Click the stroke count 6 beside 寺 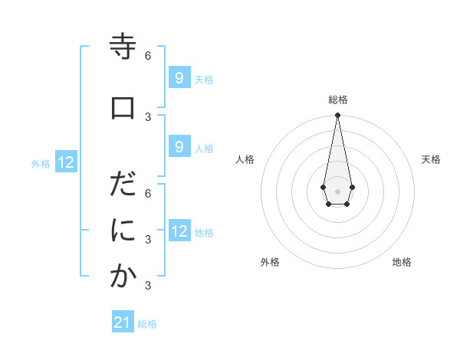[x=148, y=56]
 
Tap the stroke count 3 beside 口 [x=148, y=116]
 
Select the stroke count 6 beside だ [x=148, y=193]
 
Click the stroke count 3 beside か [x=148, y=286]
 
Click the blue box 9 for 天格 [x=179, y=78]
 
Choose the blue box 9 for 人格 [x=179, y=147]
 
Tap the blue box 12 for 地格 [x=179, y=231]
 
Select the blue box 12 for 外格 [x=66, y=162]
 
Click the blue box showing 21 [x=123, y=322]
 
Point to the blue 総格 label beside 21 [x=147, y=324]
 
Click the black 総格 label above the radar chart [x=338, y=100]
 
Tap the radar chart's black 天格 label [x=431, y=159]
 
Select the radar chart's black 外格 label [x=269, y=262]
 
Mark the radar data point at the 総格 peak [x=337, y=116]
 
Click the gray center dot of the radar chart [x=337, y=191]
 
